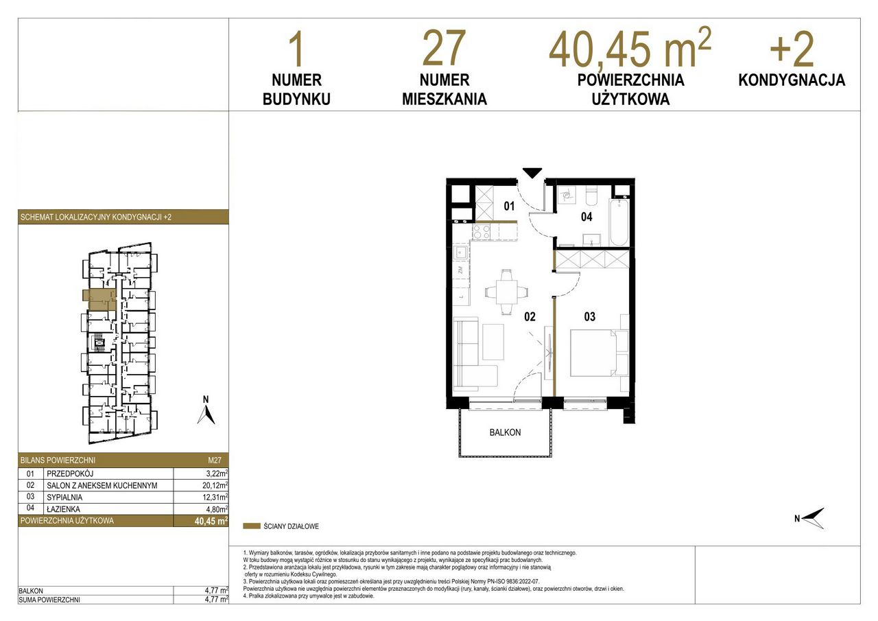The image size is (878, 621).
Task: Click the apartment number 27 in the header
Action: coord(444,48)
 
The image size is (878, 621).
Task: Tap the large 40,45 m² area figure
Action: coord(630,47)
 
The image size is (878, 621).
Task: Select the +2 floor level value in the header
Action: coord(792,49)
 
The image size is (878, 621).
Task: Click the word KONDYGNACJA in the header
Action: coord(792,80)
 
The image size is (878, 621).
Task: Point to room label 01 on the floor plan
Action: coord(509,206)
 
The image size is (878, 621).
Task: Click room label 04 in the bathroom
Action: coord(586,217)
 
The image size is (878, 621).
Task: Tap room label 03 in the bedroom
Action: coord(589,316)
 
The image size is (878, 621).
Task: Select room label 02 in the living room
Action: coord(530,316)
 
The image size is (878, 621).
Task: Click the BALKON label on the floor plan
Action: coord(505,432)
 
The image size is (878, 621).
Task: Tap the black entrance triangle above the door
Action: coord(532,172)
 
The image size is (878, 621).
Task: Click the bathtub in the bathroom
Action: coord(619,222)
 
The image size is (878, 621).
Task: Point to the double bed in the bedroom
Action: coord(593,353)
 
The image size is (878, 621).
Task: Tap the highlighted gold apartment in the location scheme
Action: coord(99,300)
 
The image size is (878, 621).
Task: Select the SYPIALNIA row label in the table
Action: coord(64,497)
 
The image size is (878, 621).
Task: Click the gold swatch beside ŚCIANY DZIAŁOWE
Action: coord(252,526)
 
